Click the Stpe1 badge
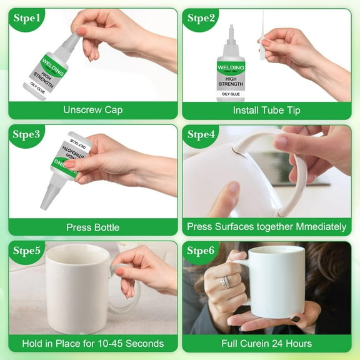coord(26,19)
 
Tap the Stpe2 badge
coord(201,19)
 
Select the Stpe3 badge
coord(26,135)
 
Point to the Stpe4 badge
coord(201,135)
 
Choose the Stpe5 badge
coord(26,252)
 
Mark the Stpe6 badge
coord(201,252)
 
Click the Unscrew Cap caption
coord(92,110)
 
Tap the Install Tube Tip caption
coord(267,110)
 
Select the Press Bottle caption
coord(92,227)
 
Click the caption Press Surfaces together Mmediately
coord(267,227)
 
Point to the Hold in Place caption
coord(92,343)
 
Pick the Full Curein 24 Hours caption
coord(267,343)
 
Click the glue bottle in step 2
coord(231,69)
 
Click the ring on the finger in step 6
coord(226,282)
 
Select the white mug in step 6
coord(276,281)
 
